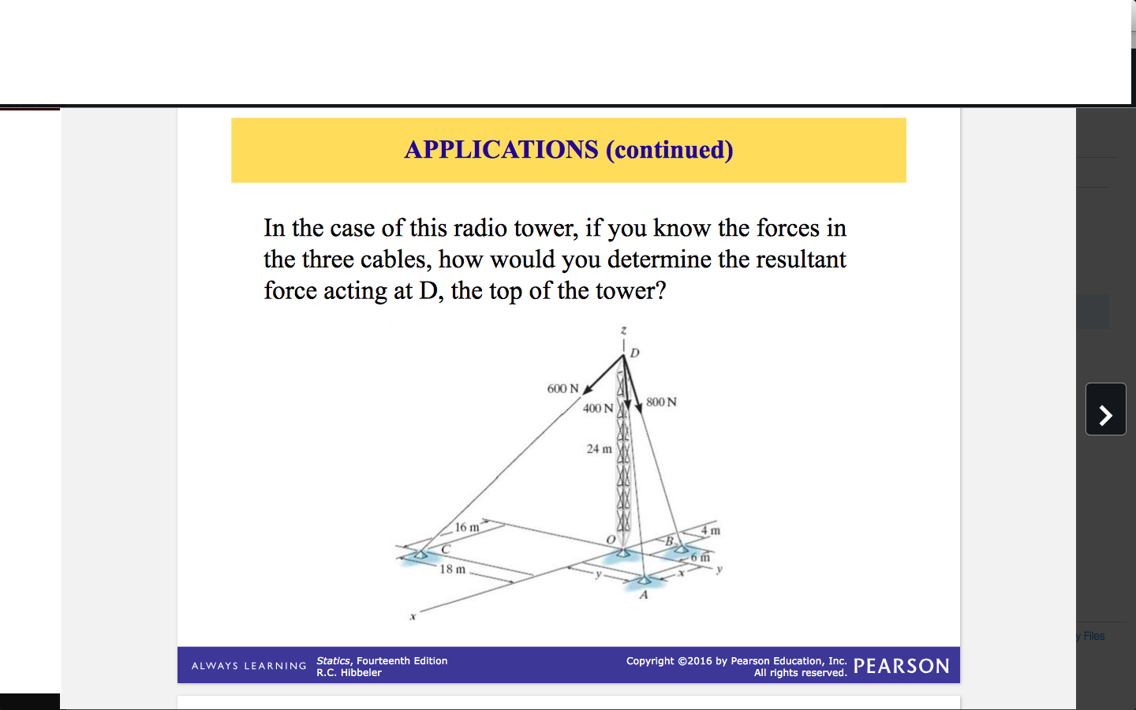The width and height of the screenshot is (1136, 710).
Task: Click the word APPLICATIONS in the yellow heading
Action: coord(501,149)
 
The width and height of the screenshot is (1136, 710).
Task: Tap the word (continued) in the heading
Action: coord(670,149)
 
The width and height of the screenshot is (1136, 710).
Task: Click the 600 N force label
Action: coord(562,389)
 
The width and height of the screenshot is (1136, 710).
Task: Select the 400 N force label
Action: coord(597,409)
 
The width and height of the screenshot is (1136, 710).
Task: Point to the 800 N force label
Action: coord(661,402)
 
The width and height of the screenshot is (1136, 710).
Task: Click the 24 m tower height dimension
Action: coord(599,449)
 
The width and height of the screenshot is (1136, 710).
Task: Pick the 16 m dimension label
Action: coord(467,527)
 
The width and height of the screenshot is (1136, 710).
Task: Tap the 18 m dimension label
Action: coord(452,569)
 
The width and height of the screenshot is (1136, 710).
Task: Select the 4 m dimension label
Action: coord(711,530)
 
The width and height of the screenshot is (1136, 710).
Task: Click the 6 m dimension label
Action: coord(700,557)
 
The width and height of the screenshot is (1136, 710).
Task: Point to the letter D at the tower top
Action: coord(635,353)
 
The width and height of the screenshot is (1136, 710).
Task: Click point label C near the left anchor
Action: coord(446,549)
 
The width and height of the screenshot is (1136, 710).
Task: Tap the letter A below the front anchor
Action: coord(644,595)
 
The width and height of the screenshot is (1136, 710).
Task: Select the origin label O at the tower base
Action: coord(611,540)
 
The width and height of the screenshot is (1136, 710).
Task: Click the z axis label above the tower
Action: coord(623,330)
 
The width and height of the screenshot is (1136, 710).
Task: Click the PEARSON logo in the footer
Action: coord(901,667)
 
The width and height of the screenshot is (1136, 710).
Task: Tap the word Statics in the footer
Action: coord(333,661)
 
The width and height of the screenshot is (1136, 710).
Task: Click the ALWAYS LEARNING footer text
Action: coord(248,666)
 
